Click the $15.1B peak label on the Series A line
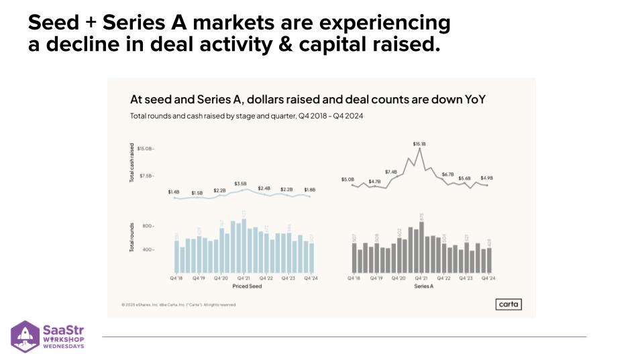(419, 144)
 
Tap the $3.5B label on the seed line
(240, 183)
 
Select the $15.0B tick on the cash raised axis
(146, 148)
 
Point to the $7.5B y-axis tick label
(146, 176)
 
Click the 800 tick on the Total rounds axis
(148, 226)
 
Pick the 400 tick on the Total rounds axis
(148, 249)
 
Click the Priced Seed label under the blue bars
(247, 286)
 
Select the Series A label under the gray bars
(423, 286)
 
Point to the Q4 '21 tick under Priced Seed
(244, 278)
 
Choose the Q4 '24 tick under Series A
(488, 278)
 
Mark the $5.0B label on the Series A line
(347, 180)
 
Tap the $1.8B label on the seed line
(310, 190)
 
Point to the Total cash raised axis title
(132, 163)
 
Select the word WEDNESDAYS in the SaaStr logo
(63, 346)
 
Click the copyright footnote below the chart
(178, 304)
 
